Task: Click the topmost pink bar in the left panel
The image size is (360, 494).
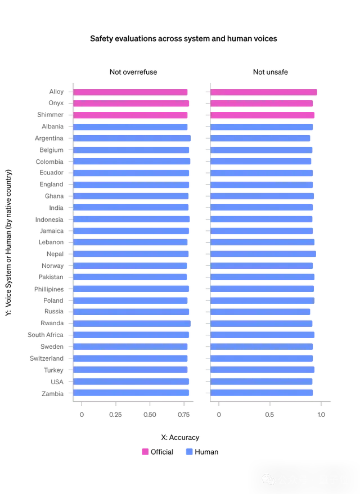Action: click(x=130, y=92)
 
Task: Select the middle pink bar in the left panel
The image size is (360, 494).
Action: click(x=133, y=104)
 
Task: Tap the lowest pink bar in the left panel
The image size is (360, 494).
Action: click(x=130, y=115)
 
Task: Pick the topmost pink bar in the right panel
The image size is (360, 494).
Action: click(x=264, y=92)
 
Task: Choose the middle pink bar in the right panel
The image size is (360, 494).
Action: click(x=262, y=104)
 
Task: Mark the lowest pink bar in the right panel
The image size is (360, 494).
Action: click(x=262, y=115)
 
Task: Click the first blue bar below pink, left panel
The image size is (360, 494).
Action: click(x=130, y=127)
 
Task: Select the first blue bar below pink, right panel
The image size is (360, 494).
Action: click(x=262, y=127)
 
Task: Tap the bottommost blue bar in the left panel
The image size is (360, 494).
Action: click(x=133, y=393)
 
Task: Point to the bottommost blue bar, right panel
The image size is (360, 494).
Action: click(x=262, y=393)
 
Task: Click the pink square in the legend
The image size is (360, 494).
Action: click(x=145, y=452)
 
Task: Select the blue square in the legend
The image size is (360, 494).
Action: click(x=190, y=452)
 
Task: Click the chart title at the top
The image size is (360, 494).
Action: click(x=184, y=38)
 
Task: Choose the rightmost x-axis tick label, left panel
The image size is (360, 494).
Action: click(x=184, y=415)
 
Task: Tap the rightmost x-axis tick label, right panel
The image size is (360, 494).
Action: click(x=321, y=415)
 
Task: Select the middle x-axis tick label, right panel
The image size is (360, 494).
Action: click(x=269, y=415)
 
